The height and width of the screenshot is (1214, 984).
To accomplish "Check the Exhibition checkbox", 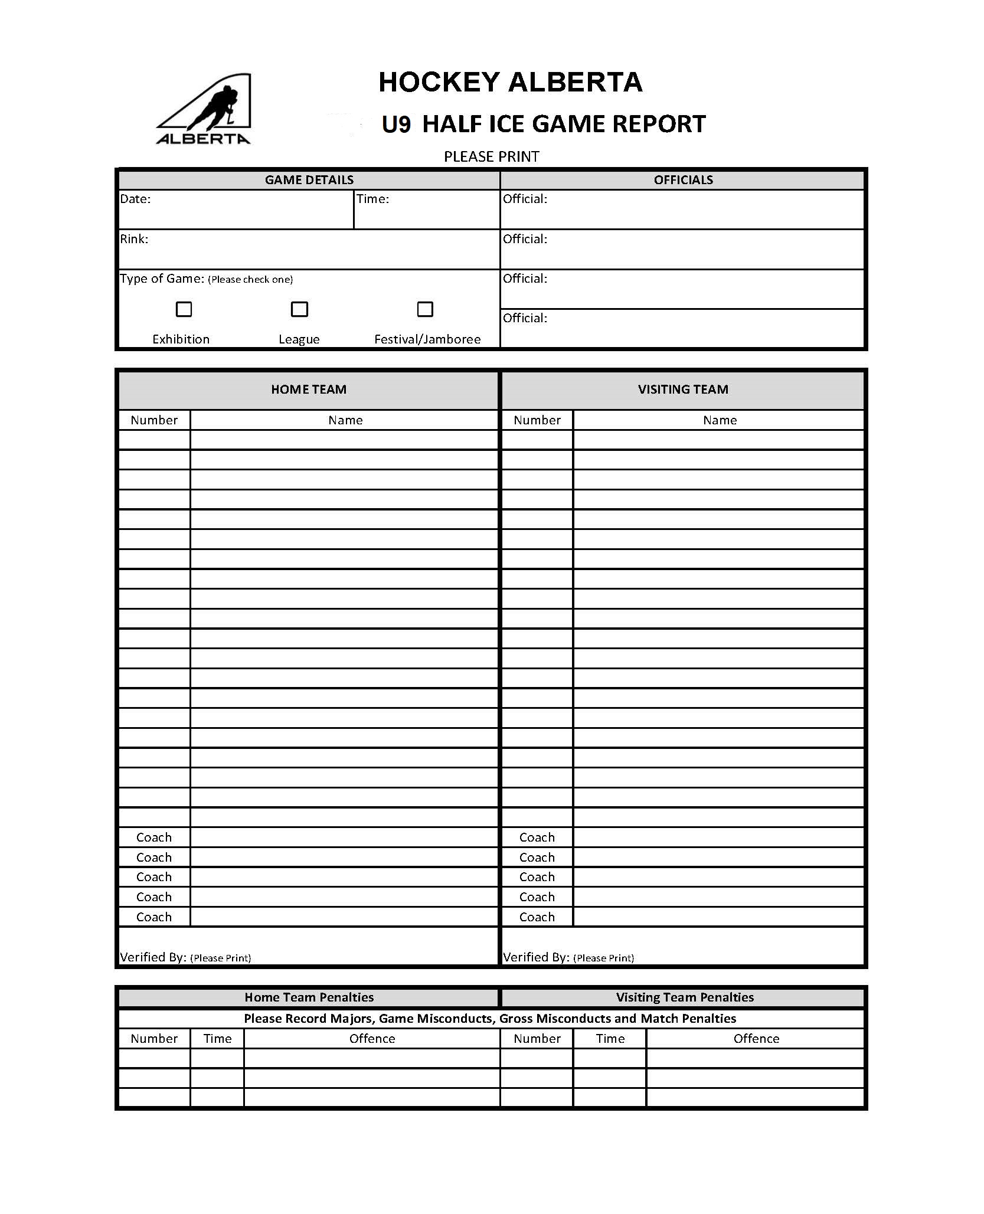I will click(x=184, y=309).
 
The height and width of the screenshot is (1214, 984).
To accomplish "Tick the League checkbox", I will click(x=300, y=309).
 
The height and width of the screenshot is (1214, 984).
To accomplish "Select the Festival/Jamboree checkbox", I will click(x=425, y=309).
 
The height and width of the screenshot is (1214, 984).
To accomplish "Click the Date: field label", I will click(x=136, y=199).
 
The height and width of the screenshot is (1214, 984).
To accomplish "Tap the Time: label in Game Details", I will click(x=372, y=199).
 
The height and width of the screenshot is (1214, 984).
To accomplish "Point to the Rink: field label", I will click(x=134, y=239).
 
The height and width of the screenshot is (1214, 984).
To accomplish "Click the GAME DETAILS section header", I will click(x=309, y=180).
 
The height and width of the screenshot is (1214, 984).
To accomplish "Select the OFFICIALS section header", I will click(x=683, y=180).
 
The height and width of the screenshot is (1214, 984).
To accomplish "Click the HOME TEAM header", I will click(x=309, y=390).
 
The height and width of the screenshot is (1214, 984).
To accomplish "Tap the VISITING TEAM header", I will click(x=683, y=390).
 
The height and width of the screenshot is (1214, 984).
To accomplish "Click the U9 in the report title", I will click(x=396, y=125).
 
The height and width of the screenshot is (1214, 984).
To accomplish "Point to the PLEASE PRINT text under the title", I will click(x=492, y=157).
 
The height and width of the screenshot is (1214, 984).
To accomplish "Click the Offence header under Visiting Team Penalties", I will click(x=756, y=1039).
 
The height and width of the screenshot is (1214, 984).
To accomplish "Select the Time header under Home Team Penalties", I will click(x=217, y=1039).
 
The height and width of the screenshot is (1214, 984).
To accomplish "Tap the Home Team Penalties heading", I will click(x=309, y=997).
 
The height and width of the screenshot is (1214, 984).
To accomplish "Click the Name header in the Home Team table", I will click(x=345, y=420).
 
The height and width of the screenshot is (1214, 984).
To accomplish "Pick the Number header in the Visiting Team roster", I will click(x=537, y=420).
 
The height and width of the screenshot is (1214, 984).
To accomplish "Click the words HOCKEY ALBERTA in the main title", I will click(x=511, y=82).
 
